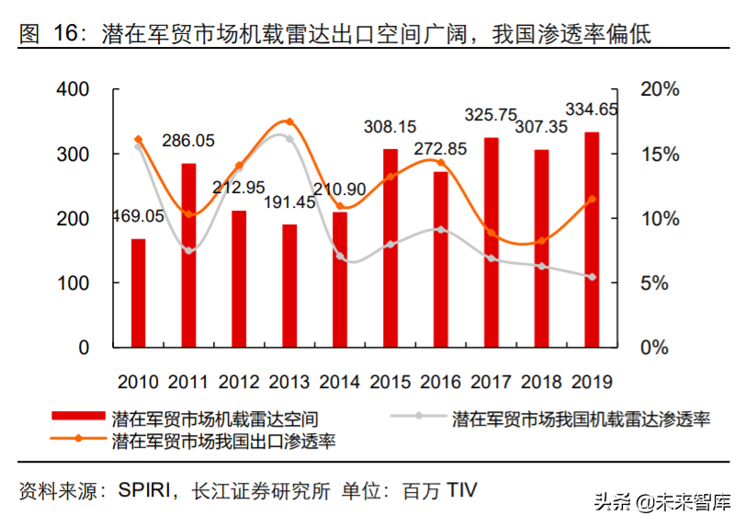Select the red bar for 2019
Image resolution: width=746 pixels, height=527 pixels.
click(592, 240)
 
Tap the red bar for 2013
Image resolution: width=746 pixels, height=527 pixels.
click(289, 286)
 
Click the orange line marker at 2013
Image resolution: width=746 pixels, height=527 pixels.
click(289, 121)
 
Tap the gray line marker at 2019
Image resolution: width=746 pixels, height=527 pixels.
click(592, 277)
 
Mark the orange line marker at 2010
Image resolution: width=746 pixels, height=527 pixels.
click(139, 140)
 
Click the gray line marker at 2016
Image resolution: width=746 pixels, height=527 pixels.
click(441, 229)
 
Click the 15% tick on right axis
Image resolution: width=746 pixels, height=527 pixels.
click(660, 155)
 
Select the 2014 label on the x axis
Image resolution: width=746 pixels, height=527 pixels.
click(340, 381)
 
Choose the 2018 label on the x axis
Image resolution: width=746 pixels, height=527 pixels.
click(541, 381)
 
